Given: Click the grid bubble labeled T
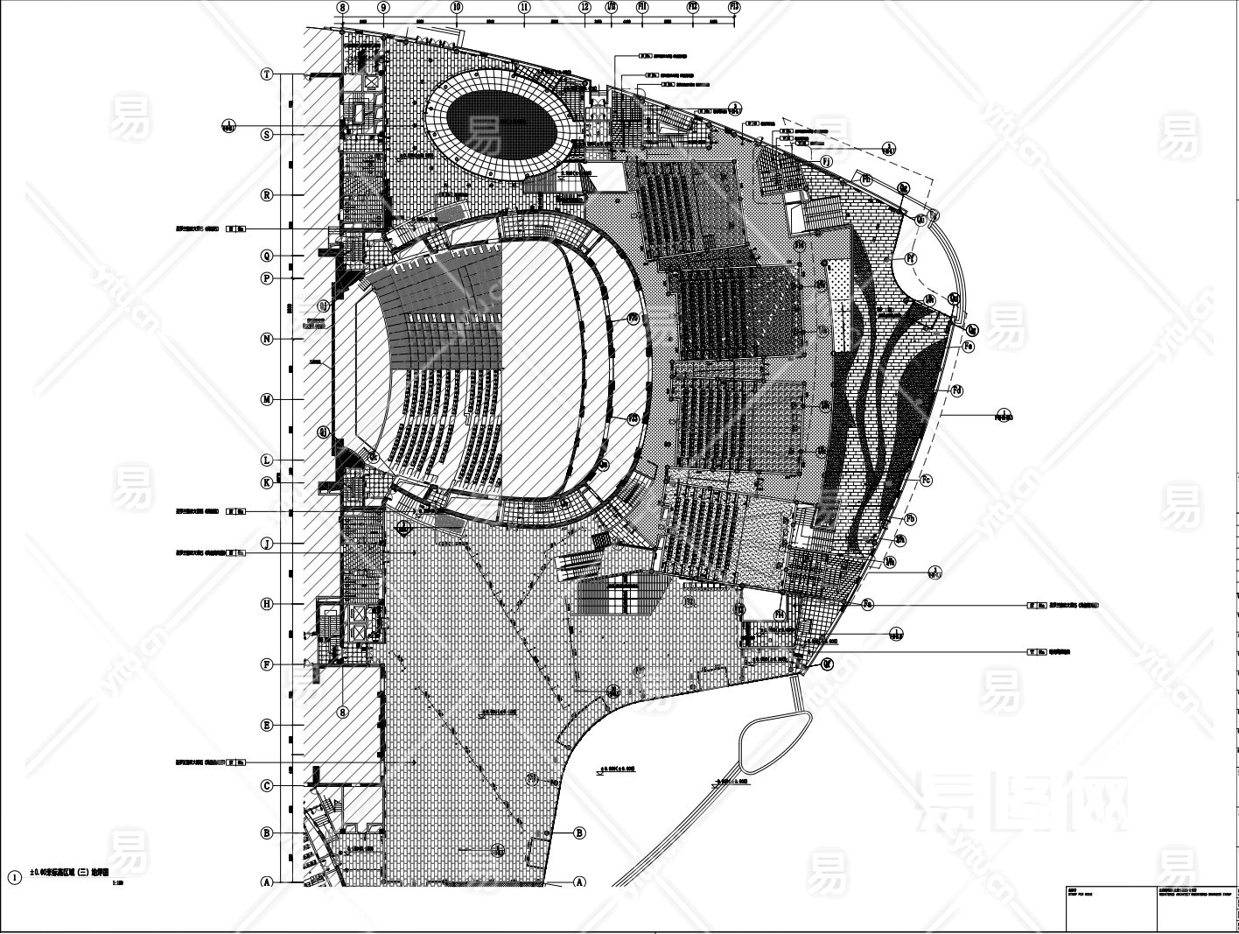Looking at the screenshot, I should [268, 74].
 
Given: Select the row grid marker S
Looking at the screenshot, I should [268, 134].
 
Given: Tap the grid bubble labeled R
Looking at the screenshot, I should [268, 195].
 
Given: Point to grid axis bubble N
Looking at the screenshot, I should [268, 339].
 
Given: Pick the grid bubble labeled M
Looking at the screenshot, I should [268, 399].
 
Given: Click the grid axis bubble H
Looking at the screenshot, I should [268, 604].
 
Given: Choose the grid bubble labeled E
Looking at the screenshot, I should [268, 725].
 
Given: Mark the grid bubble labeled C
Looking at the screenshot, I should [268, 786].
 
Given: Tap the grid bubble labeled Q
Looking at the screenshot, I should [268, 256].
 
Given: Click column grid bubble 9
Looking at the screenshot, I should [383, 7].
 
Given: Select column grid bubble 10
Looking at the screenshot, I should [456, 7].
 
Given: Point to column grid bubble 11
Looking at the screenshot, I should [524, 7].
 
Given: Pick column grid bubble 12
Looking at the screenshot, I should [584, 7].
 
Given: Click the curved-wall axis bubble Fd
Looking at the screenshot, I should [957, 389].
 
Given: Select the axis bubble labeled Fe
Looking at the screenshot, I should [969, 347].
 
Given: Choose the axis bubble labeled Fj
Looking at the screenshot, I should [827, 160].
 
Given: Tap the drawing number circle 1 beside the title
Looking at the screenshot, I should [13, 876].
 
